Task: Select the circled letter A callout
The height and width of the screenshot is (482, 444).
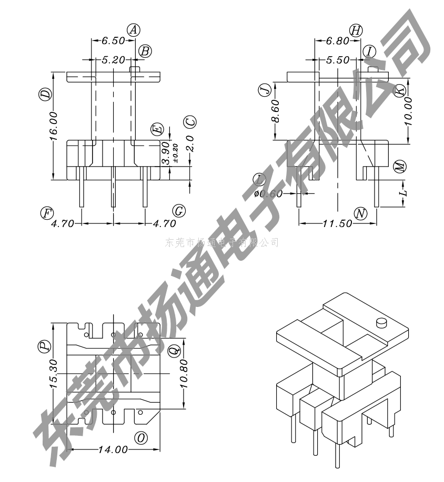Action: [134, 30]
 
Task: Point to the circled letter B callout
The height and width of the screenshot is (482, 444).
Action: [145, 51]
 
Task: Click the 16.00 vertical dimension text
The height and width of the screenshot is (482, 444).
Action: [53, 128]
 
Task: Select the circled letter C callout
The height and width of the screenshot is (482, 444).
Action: [190, 122]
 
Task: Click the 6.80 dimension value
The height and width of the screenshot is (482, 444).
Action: [337, 40]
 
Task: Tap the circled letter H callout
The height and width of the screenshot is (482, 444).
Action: [356, 30]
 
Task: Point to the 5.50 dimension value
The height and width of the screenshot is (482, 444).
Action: [337, 60]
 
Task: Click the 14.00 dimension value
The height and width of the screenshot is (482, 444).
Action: [113, 449]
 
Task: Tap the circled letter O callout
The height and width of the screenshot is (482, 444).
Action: [140, 438]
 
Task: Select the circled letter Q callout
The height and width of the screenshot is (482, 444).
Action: [174, 350]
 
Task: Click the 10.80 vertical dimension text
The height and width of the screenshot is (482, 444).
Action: [184, 373]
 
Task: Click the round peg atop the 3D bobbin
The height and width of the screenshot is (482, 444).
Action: [381, 322]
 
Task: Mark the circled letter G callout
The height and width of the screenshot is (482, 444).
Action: [179, 211]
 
